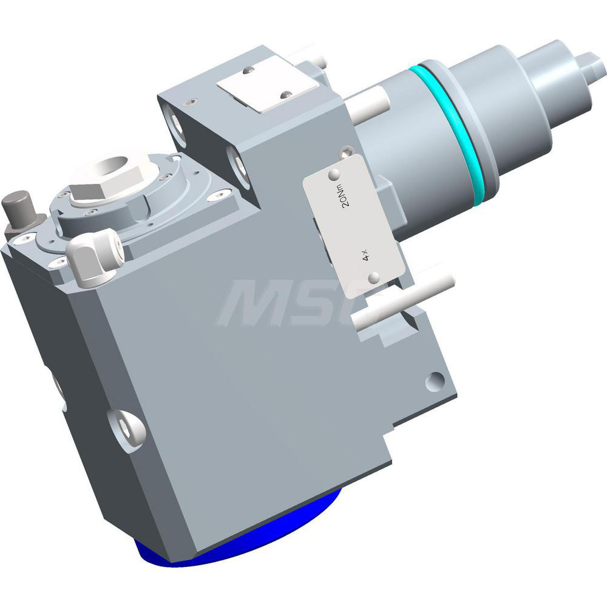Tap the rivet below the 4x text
pos(375,277)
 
